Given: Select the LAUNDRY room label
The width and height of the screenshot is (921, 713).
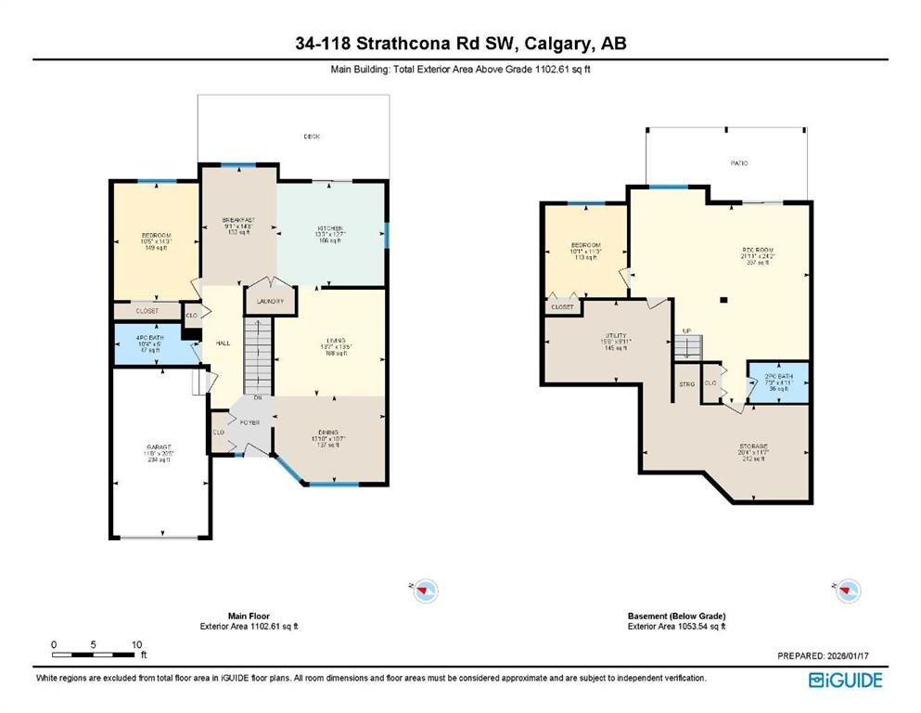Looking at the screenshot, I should (271, 302).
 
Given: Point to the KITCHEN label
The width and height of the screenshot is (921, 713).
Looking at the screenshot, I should (331, 228).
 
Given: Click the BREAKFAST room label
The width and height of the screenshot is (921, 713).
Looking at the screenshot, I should (238, 220).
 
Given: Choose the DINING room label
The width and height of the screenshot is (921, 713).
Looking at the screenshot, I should (329, 433).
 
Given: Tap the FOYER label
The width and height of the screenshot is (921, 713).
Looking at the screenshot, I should (250, 421).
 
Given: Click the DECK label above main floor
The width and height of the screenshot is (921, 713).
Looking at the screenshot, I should (312, 136).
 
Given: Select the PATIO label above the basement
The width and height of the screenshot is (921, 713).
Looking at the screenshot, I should (739, 162).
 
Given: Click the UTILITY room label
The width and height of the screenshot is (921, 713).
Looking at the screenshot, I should (616, 335).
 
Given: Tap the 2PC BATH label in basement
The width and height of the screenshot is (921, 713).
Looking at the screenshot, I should (777, 377).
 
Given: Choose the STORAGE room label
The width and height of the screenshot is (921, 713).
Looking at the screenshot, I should (752, 446).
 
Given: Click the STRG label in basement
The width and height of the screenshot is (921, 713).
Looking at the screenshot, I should (687, 382).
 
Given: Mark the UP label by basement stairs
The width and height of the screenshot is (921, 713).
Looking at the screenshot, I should (687, 331).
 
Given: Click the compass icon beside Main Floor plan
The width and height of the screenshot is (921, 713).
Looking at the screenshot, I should (425, 589).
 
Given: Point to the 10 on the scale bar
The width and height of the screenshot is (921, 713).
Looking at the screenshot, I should (136, 643).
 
